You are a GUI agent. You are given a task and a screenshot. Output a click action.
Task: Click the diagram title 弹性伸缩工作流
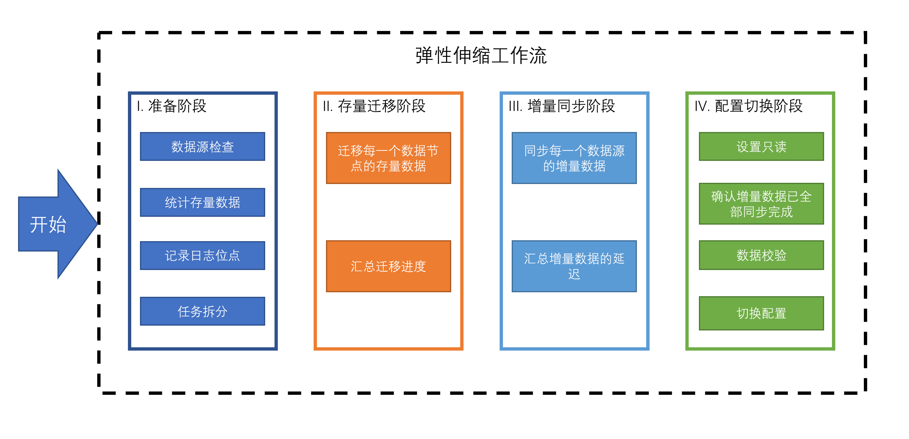pos(481,56)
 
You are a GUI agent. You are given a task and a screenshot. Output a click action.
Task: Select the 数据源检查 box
pos(202,147)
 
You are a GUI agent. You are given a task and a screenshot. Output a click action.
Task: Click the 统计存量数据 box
pos(202,202)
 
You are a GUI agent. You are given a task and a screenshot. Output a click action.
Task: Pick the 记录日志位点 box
pos(202,256)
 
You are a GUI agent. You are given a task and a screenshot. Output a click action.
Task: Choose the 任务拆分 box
pos(202,311)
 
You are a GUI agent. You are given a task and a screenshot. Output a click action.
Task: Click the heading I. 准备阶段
pos(172,106)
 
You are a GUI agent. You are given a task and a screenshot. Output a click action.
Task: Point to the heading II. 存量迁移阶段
pos(374,106)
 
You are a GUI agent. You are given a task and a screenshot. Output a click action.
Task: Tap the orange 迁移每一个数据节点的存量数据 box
pos(388,158)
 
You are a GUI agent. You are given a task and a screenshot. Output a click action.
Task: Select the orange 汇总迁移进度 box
pos(388,266)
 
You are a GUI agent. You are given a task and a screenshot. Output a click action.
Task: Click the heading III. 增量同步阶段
pos(562,106)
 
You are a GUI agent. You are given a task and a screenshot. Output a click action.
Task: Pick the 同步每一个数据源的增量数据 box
pos(574,158)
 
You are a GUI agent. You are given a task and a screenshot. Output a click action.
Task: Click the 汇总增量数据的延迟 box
pos(574,266)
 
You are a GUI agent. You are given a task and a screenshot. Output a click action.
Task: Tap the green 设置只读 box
pos(761,147)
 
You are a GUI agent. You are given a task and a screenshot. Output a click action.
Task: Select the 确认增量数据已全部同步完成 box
pos(761,204)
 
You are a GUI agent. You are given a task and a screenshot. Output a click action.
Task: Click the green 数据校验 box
pos(761,255)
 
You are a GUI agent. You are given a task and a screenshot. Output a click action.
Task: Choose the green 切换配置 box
pos(761,313)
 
